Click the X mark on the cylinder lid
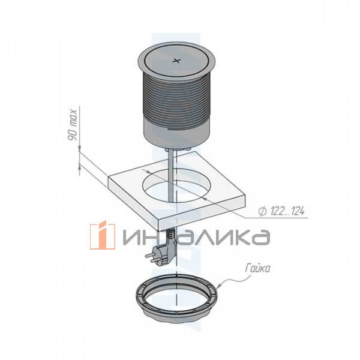[x=176, y=60]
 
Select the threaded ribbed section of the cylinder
[x=176, y=99]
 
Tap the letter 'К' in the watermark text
[x=227, y=237]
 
